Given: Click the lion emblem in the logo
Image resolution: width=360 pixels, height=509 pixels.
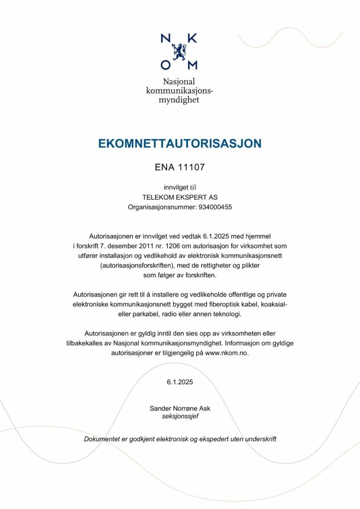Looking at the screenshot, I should click(180, 51).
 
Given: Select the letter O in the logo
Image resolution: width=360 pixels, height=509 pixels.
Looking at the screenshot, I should click(166, 65).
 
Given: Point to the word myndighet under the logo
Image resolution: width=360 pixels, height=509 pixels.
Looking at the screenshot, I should click(180, 100).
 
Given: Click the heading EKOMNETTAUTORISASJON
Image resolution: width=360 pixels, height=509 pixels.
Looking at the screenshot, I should click(180, 144).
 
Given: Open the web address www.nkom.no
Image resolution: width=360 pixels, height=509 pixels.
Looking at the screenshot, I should click(227, 353).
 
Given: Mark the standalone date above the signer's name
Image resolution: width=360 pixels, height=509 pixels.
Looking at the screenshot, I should click(180, 382).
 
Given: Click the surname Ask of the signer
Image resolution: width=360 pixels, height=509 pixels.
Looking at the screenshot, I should click(204, 408).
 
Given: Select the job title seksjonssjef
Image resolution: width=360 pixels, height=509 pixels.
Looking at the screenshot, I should click(180, 417).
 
